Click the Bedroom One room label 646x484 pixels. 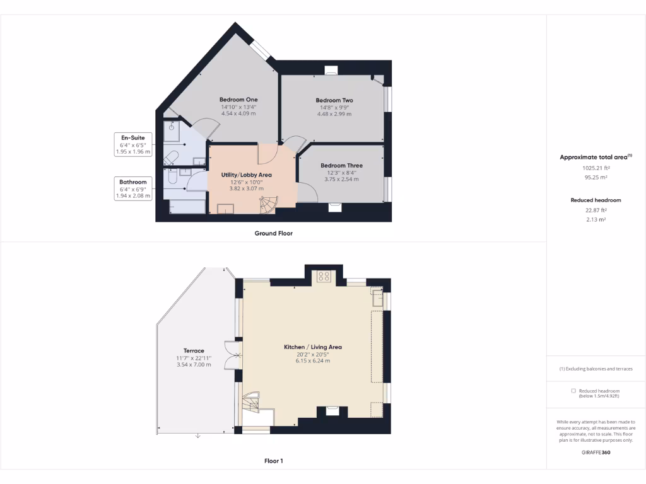238,100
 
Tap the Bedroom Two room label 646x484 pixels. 334,100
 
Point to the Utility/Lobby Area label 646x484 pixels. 246,175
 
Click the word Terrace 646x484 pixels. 194,350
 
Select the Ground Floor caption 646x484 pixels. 273,233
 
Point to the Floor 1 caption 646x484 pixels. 273,461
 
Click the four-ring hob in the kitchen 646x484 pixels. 324,276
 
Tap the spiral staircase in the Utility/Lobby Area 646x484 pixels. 269,204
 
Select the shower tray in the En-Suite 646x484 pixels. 172,130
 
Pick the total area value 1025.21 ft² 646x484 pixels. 596,168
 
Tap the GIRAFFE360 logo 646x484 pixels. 596,452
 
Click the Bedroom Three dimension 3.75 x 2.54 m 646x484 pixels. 341,180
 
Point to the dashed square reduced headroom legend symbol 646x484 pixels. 573,391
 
